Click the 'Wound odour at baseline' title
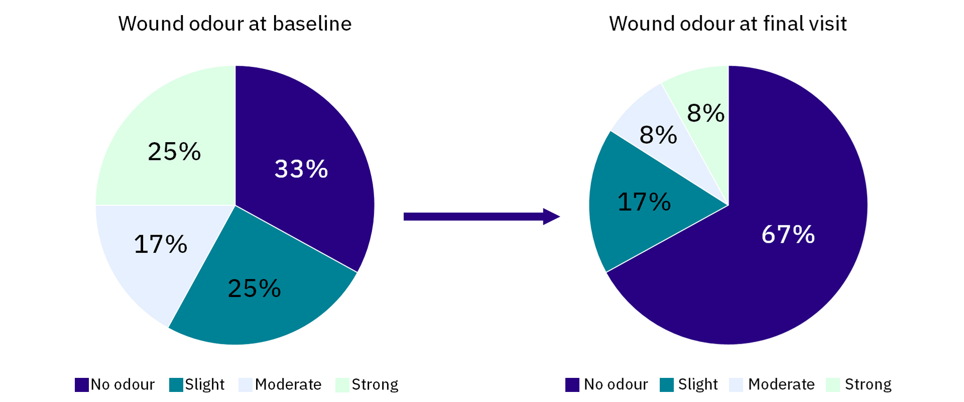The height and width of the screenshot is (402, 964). tap(234, 24)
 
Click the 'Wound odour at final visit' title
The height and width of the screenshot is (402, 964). tap(728, 24)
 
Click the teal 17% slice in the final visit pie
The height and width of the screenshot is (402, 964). tap(633, 221)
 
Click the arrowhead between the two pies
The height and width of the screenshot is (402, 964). tap(551, 217)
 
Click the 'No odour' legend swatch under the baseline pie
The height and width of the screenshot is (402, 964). tap(81, 385)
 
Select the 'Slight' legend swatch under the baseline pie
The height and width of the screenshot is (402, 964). tap(176, 385)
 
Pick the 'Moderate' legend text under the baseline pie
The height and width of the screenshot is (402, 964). tap(288, 384)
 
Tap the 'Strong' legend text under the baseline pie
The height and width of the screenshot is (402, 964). tap(375, 384)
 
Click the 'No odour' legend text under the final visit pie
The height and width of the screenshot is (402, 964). tap(616, 384)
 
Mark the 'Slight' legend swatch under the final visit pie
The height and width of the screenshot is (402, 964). tap(667, 385)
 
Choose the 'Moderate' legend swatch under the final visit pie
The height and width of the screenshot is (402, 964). tap(736, 385)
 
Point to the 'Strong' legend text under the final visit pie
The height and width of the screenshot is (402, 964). tap(868, 384)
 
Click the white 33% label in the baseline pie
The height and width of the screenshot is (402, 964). tap(301, 169)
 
